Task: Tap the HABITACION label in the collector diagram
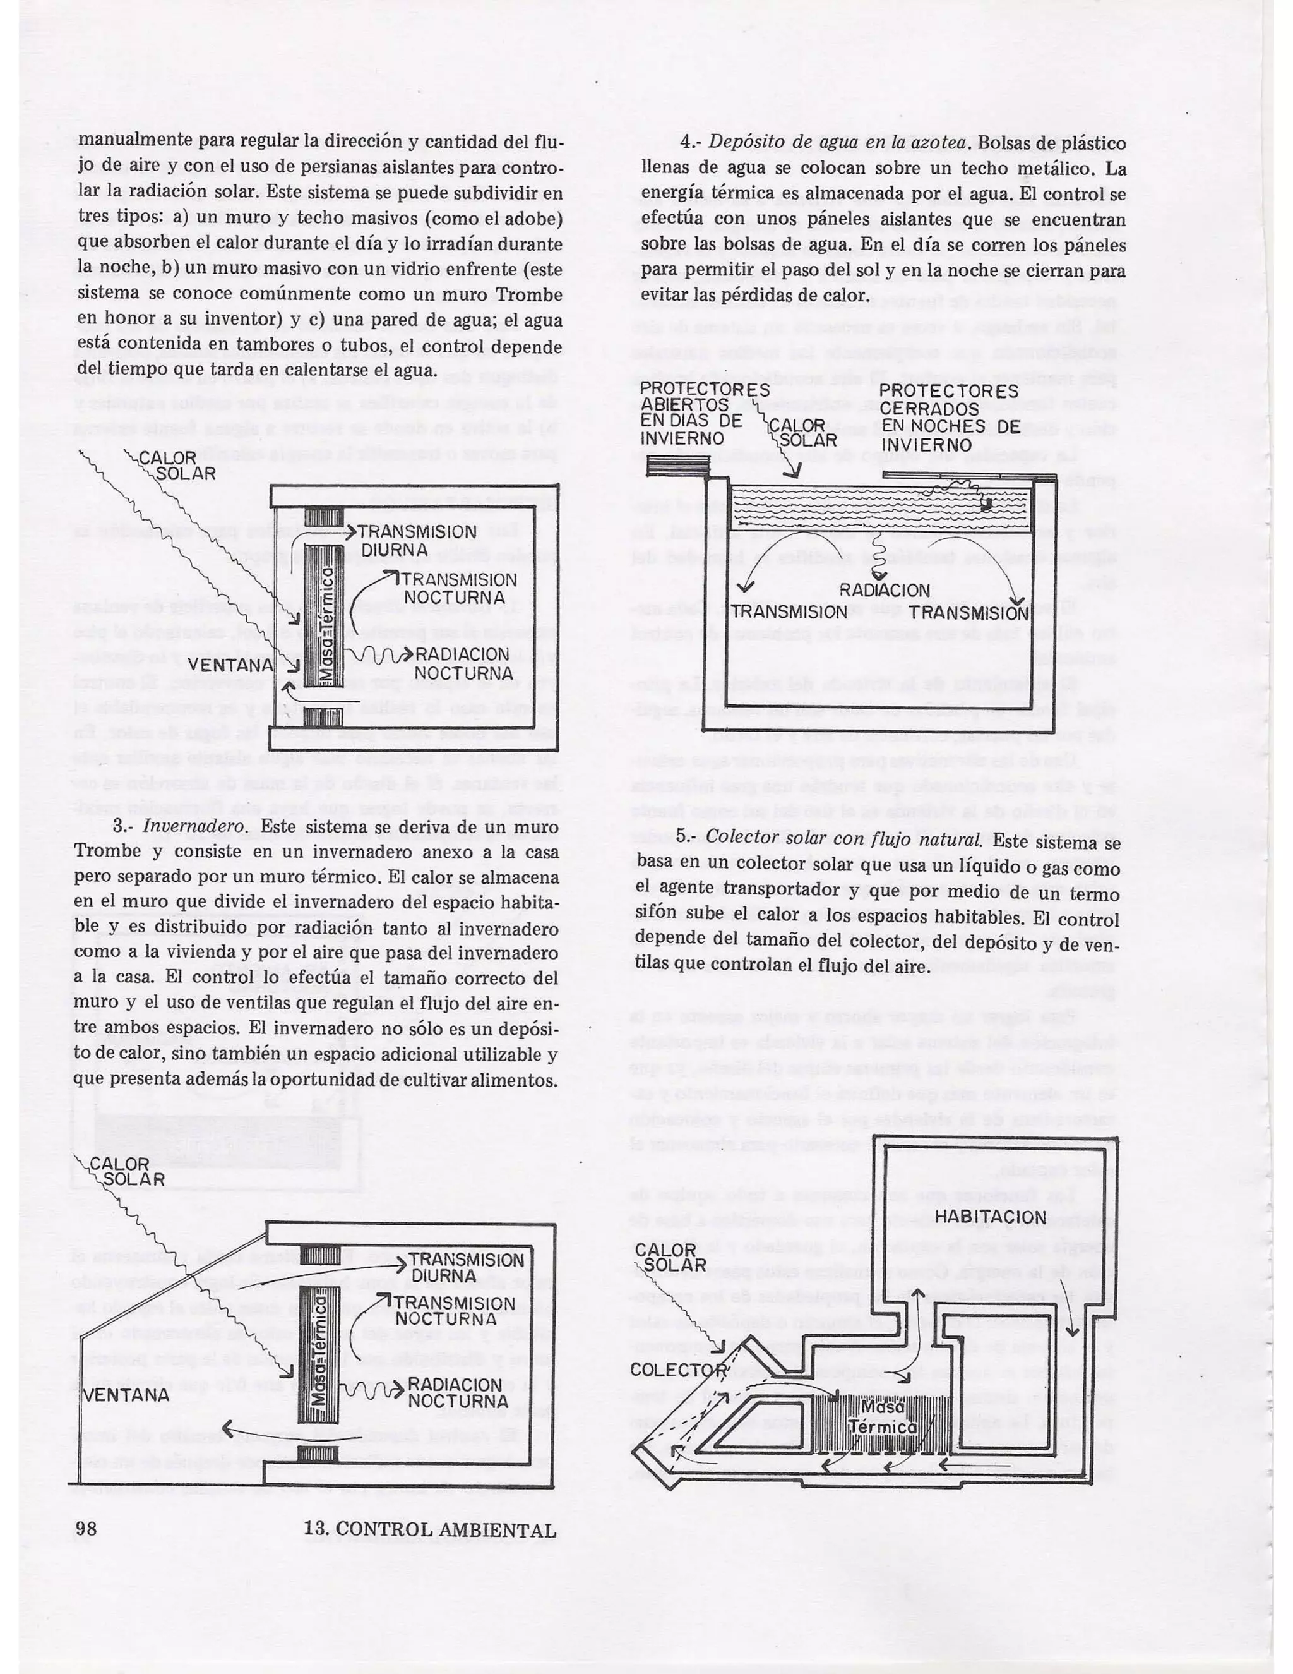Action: pos(990,1217)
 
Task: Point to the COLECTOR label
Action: pos(678,1369)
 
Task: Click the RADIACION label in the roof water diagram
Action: pos(884,590)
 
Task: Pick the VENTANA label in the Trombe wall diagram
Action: pos(230,665)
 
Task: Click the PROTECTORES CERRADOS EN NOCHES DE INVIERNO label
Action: pos(948,418)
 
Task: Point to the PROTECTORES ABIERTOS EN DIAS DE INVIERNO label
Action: pos(693,414)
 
